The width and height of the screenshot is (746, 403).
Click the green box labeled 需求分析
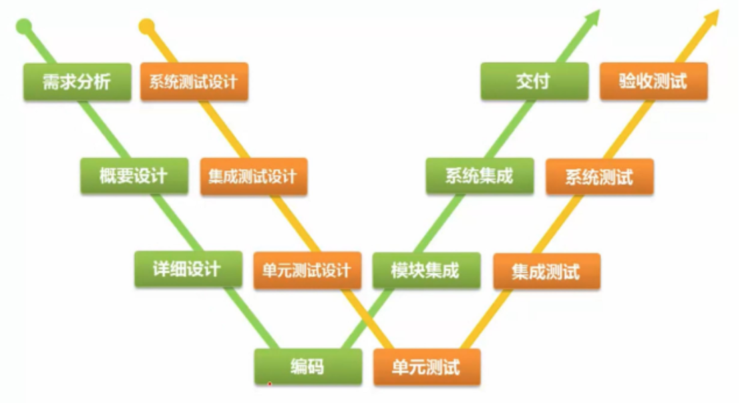pyautogui.click(x=77, y=81)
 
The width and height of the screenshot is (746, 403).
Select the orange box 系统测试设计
pyautogui.click(x=194, y=81)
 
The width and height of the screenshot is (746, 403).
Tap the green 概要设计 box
pyautogui.click(x=134, y=176)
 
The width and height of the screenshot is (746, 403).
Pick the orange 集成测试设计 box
pyautogui.click(x=253, y=176)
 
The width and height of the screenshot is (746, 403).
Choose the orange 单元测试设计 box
pyautogui.click(x=307, y=270)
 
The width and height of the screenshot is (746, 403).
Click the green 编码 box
pyautogui.click(x=308, y=366)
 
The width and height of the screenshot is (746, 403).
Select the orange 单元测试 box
pyautogui.click(x=426, y=366)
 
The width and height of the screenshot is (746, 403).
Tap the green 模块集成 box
pyautogui.click(x=425, y=270)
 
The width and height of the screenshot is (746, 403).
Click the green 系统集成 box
pyautogui.click(x=480, y=176)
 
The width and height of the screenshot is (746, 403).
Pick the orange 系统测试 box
pyautogui.click(x=599, y=177)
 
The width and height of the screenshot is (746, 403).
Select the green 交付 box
pyautogui.click(x=534, y=81)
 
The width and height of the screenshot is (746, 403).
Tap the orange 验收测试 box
pyautogui.click(x=653, y=81)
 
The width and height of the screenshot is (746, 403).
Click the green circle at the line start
pyautogui.click(x=24, y=27)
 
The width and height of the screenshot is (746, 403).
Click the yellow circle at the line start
pyautogui.click(x=146, y=27)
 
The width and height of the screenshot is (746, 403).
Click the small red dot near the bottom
pyautogui.click(x=269, y=384)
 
